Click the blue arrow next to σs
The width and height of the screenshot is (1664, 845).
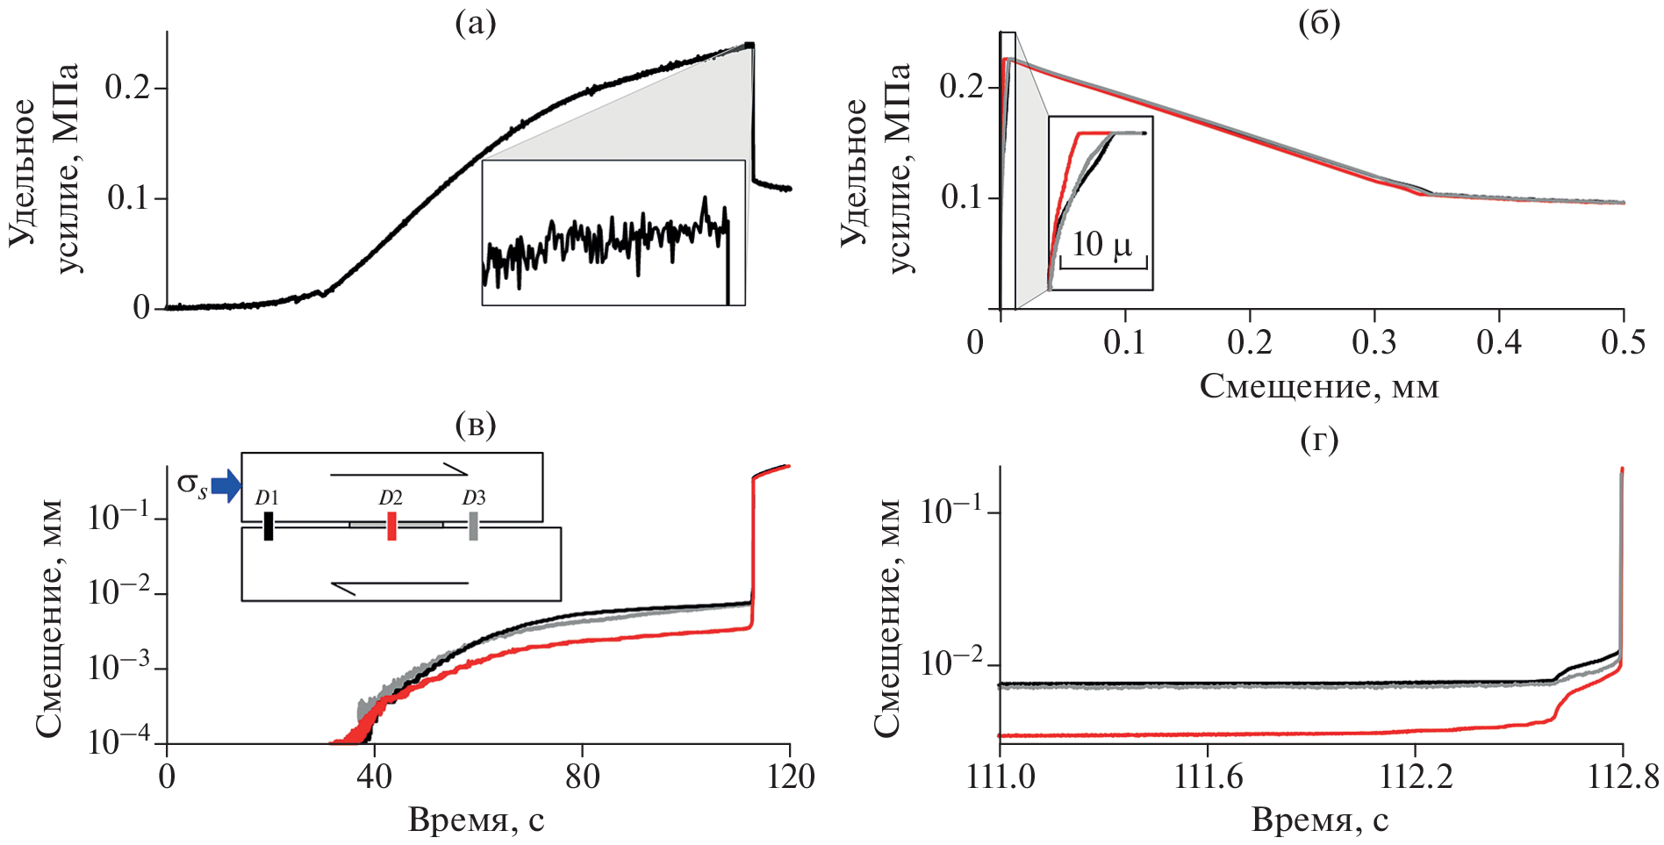(x=226, y=485)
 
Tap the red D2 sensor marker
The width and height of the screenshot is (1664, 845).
(x=391, y=526)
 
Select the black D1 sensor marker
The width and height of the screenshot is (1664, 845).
(x=268, y=526)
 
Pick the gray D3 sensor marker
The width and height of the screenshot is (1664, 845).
(x=473, y=526)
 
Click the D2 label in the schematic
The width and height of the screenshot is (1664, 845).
(x=391, y=498)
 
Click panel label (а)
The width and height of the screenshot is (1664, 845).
(x=476, y=24)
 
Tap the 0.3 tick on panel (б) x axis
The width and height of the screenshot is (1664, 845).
(x=1374, y=342)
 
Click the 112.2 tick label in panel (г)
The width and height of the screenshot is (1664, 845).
(x=1414, y=777)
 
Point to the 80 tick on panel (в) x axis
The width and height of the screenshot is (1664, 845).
(x=583, y=777)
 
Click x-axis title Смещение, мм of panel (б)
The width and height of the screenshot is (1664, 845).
(x=1319, y=386)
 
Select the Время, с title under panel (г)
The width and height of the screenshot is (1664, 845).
(x=1319, y=820)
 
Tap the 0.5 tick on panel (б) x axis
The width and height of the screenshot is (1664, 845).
(x=1623, y=342)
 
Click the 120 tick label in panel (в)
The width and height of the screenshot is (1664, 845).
(x=790, y=777)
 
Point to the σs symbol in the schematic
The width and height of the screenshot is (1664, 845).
(x=192, y=484)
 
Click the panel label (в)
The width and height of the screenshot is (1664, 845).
(x=476, y=426)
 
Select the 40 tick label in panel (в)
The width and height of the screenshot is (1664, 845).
(x=375, y=777)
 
